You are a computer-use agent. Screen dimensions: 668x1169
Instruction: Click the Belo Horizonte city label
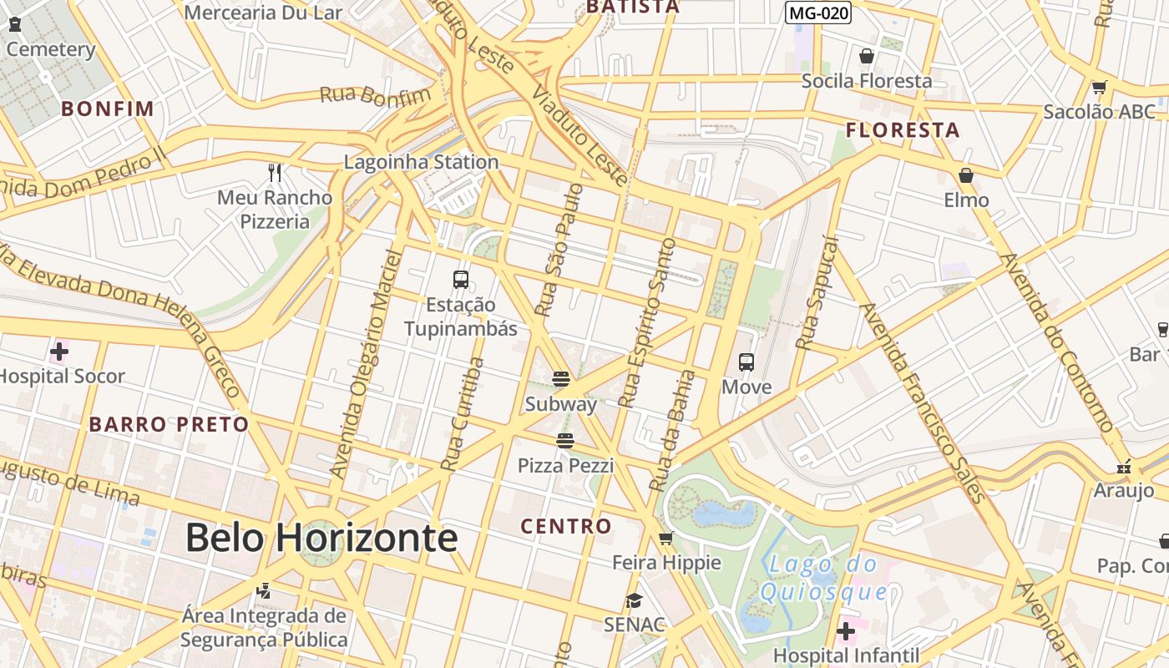pyautogui.click(x=321, y=537)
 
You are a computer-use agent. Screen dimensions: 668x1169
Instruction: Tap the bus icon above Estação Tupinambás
pyautogui.click(x=461, y=280)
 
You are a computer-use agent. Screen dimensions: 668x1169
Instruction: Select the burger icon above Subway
pyautogui.click(x=561, y=379)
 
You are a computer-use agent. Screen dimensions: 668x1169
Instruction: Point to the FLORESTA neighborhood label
pyautogui.click(x=903, y=130)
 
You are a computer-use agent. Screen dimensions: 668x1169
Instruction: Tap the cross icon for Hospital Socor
pyautogui.click(x=59, y=352)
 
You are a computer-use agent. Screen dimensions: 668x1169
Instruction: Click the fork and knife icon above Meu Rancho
pyautogui.click(x=275, y=173)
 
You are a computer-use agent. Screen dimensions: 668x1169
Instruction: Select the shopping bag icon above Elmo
pyautogui.click(x=966, y=175)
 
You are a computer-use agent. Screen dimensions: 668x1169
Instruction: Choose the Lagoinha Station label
pyautogui.click(x=422, y=162)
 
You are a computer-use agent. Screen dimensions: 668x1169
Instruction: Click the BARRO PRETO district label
pyautogui.click(x=170, y=424)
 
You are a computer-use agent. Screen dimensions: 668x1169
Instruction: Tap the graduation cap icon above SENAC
pyautogui.click(x=635, y=600)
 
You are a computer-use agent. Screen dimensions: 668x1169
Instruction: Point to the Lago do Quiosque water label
pyautogui.click(x=822, y=578)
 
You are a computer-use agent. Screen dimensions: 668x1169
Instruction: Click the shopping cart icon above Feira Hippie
pyautogui.click(x=666, y=538)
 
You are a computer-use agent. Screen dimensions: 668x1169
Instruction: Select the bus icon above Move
pyautogui.click(x=746, y=362)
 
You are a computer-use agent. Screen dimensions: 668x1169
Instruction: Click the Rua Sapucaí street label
pyautogui.click(x=817, y=292)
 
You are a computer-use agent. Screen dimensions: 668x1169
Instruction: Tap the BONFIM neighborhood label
pyautogui.click(x=108, y=109)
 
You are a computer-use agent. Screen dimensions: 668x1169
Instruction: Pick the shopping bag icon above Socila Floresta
pyautogui.click(x=867, y=56)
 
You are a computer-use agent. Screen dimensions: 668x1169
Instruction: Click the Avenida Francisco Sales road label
pyautogui.click(x=924, y=402)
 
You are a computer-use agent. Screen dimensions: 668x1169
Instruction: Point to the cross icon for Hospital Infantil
pyautogui.click(x=846, y=630)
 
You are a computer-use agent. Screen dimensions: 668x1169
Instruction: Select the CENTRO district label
pyautogui.click(x=566, y=526)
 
